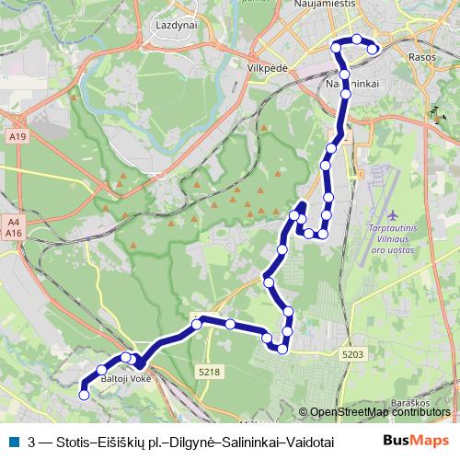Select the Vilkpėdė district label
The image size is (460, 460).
pyautogui.click(x=270, y=68)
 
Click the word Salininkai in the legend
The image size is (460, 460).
pyautogui.click(x=250, y=441)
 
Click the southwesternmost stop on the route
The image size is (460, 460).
pyautogui.click(x=84, y=395)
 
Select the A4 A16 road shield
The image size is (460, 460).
pyautogui.click(x=13, y=228)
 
